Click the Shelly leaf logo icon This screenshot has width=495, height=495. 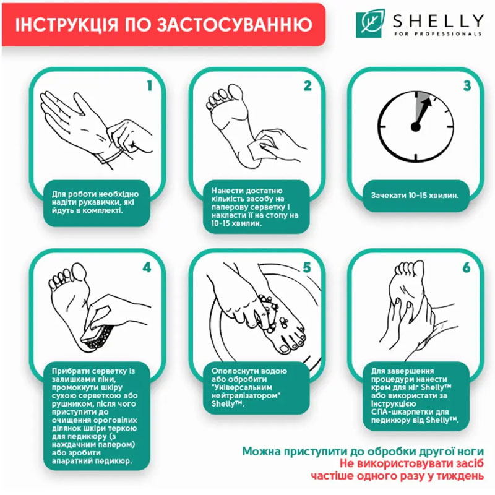tap(370, 24)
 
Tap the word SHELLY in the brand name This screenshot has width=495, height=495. tap(438, 21)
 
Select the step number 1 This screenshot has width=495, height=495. tap(150, 85)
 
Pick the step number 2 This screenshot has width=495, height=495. tap(308, 85)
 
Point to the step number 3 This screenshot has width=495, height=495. tap(467, 85)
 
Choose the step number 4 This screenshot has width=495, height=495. tap(147, 268)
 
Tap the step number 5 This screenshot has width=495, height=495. tap(307, 268)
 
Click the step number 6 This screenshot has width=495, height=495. tap(467, 268)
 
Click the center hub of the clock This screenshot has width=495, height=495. tap(415, 127)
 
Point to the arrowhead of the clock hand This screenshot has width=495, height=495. tap(427, 103)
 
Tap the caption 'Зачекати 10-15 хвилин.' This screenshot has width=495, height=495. tap(415, 195)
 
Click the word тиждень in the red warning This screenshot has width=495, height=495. tap(460, 475)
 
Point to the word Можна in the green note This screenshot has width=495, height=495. tap(261, 452)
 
